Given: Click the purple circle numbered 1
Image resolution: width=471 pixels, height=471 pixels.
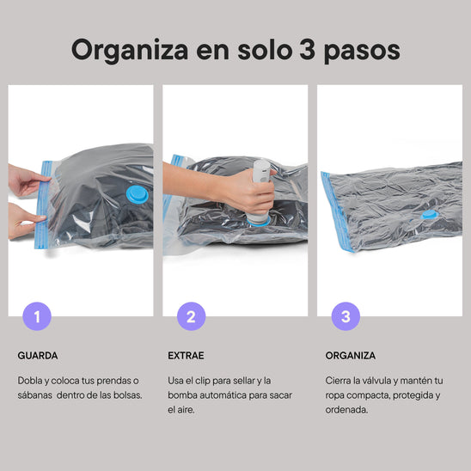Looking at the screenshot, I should [36, 316].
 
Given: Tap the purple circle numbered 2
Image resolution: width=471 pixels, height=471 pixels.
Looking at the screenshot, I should [191, 316].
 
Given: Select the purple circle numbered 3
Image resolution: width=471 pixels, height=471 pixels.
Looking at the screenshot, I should [346, 316].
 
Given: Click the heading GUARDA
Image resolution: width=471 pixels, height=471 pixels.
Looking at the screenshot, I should [38, 355].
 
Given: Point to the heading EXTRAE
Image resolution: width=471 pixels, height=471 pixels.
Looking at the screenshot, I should [187, 355].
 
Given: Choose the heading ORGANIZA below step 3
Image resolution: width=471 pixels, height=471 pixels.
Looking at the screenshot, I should [350, 355].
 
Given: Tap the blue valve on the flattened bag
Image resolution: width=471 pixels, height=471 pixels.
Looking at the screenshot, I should [427, 215].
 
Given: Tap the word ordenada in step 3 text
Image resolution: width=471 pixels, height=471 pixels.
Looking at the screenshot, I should [346, 410].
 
